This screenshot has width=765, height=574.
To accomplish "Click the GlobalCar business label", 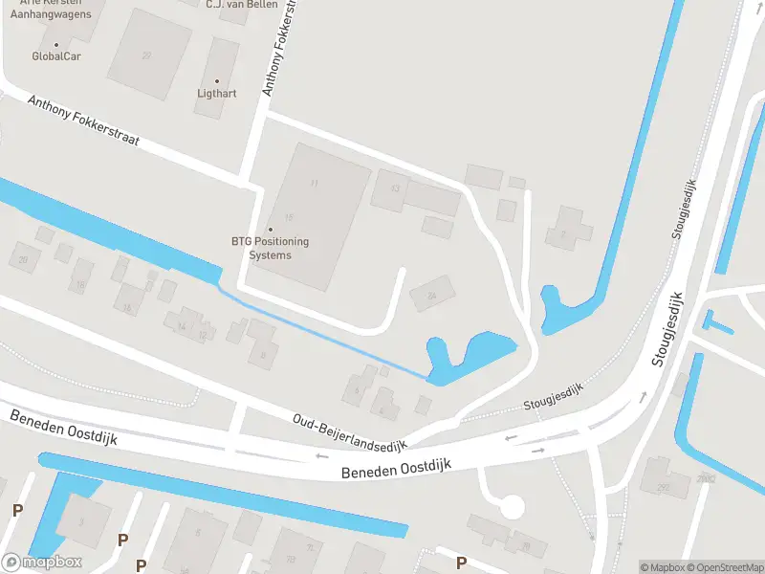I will [55, 56].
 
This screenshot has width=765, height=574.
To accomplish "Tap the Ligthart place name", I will [217, 93].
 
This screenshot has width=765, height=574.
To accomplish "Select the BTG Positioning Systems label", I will [271, 248].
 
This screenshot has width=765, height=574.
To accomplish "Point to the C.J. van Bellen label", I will [242, 5].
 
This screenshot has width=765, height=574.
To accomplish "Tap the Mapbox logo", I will [42, 563].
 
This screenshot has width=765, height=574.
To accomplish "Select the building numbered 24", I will [431, 296].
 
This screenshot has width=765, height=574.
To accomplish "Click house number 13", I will [395, 188].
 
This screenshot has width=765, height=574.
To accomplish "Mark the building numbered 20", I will [23, 258].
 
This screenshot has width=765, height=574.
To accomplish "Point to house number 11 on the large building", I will [314, 182].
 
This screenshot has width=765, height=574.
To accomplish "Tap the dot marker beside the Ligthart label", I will [217, 80].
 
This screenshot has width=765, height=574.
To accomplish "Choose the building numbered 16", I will [126, 307].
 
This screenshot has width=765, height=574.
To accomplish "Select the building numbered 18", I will [80, 286].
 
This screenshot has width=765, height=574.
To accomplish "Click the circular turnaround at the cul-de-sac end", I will [514, 505].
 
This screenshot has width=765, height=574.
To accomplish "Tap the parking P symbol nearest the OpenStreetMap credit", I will [461, 563].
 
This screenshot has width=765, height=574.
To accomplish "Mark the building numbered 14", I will [181, 325].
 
